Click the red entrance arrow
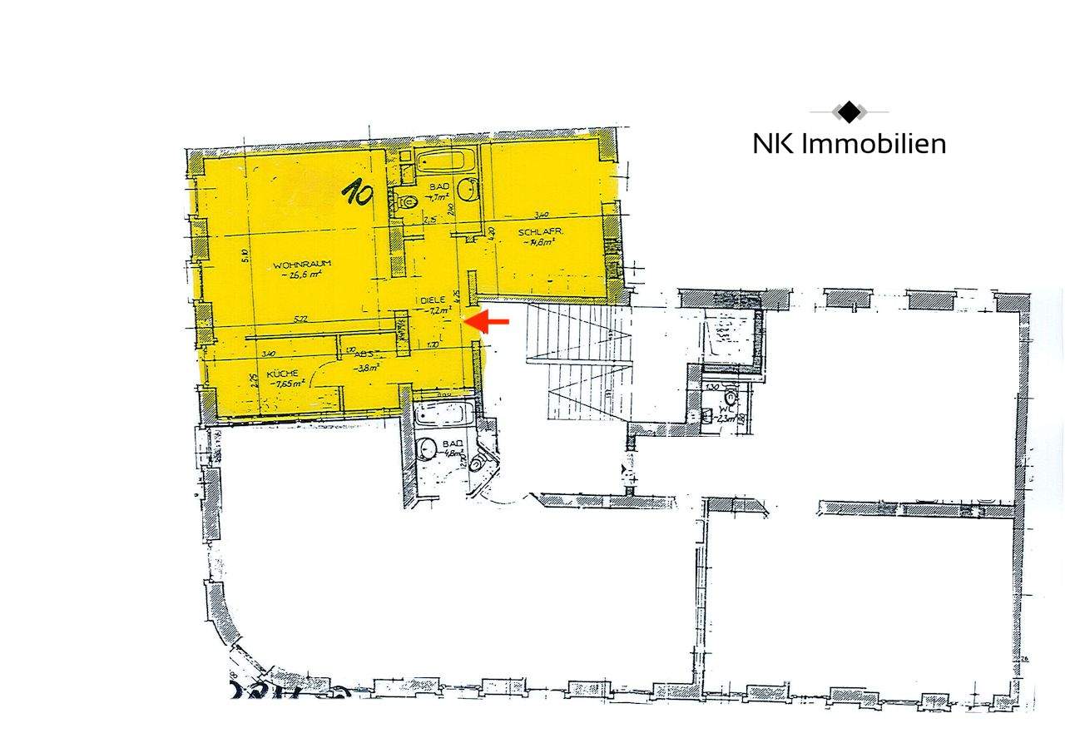click(x=486, y=322)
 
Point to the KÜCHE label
click(x=283, y=374)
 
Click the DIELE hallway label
click(x=433, y=299)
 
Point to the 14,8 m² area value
click(x=542, y=243)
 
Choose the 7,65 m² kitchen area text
click(x=286, y=384)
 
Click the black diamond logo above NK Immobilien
click(x=848, y=111)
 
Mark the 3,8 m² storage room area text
click(x=367, y=365)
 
